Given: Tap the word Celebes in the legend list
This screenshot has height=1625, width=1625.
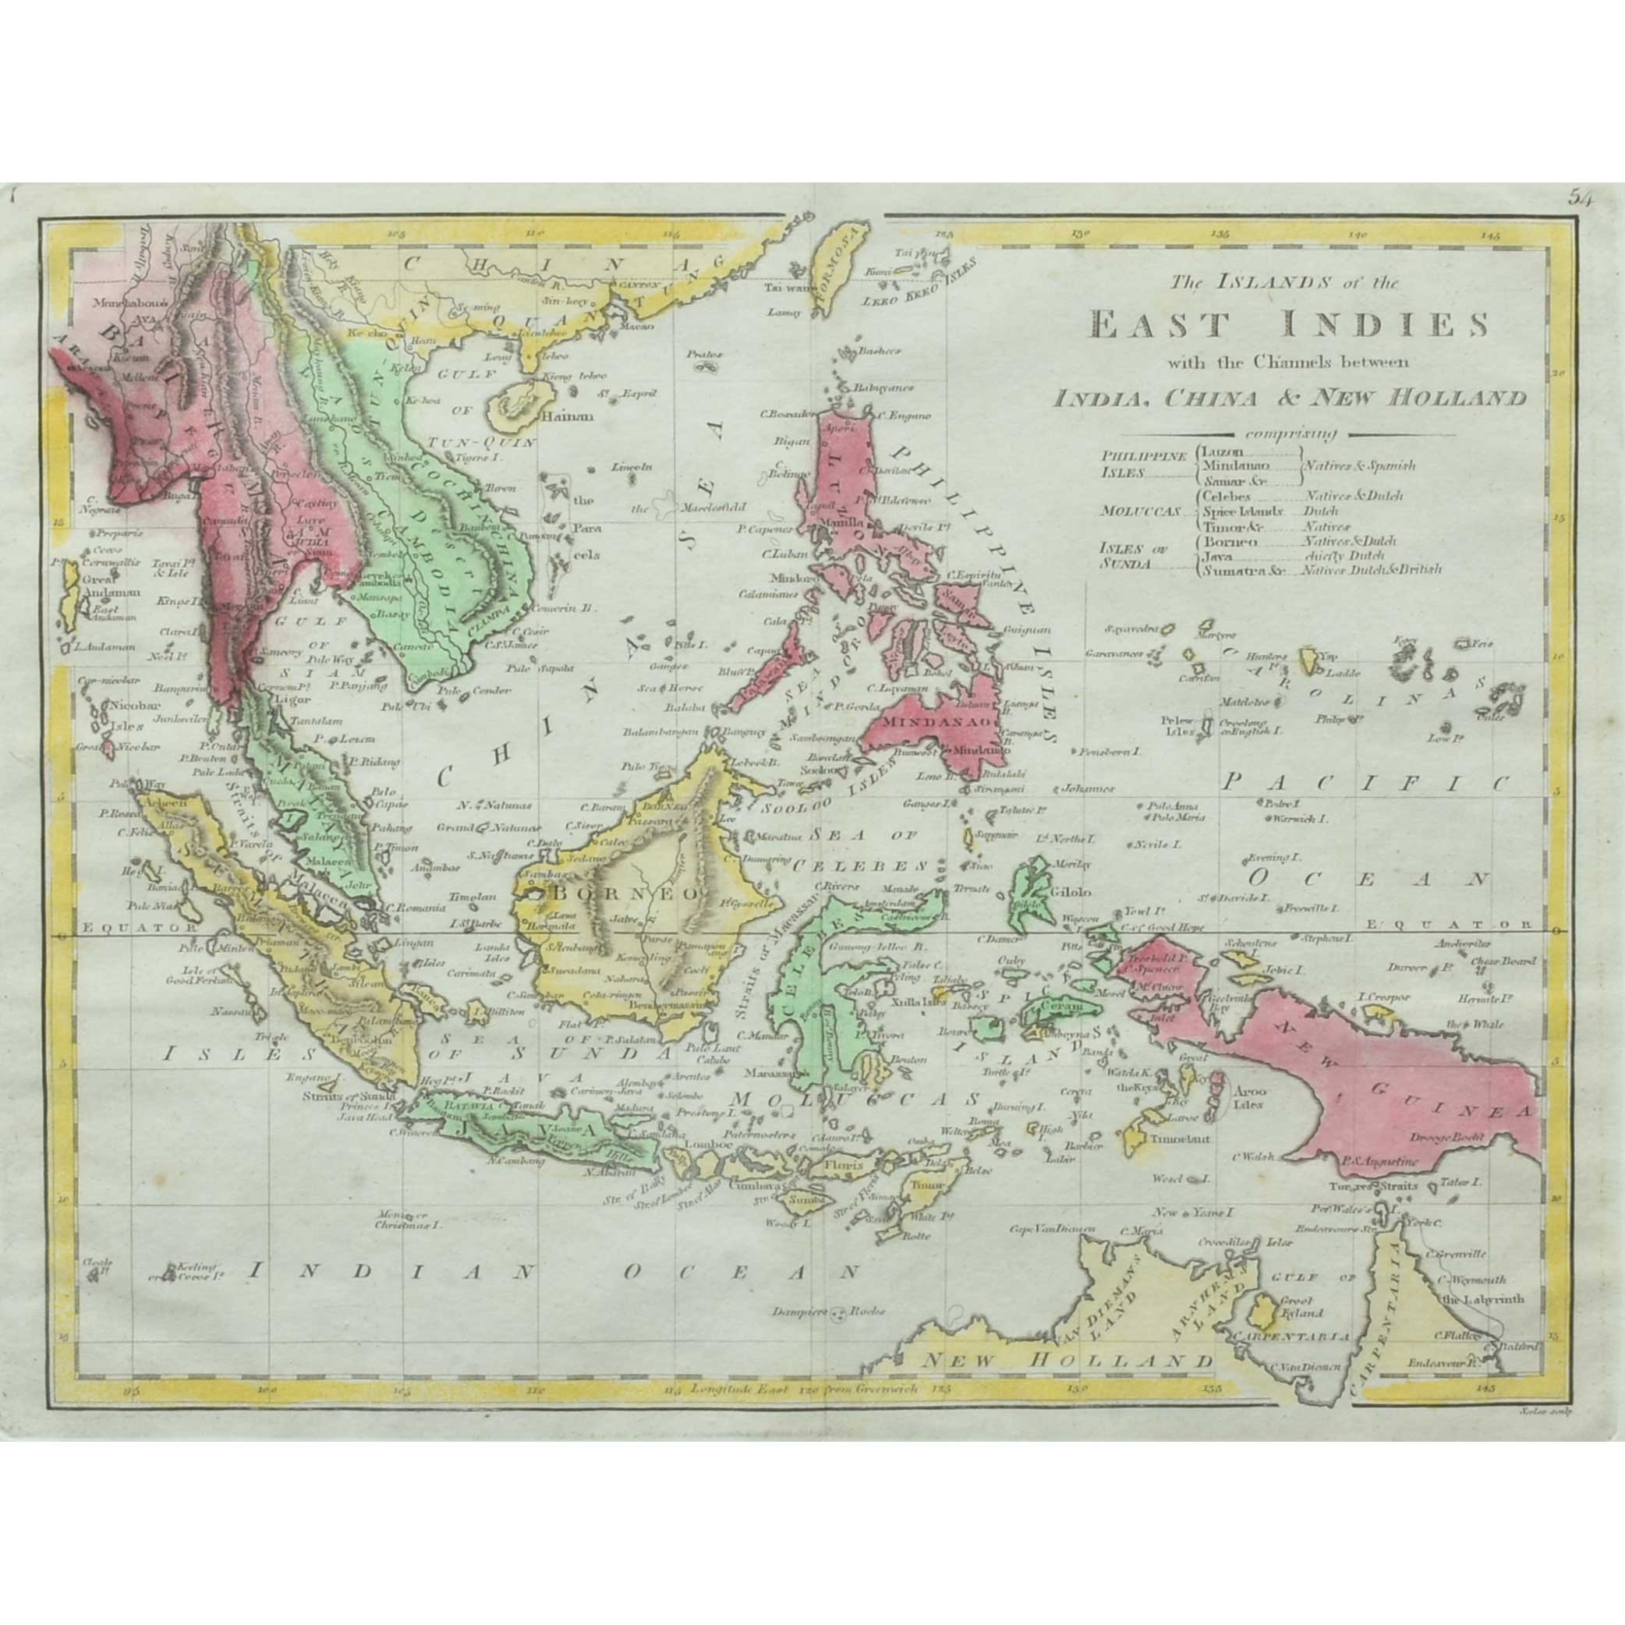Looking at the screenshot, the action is pos(1227,496).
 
